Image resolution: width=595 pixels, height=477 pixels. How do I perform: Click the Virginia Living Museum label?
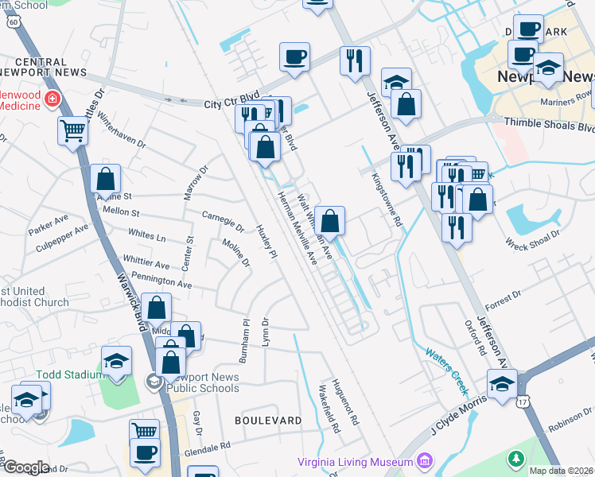pyautogui.click(x=355, y=462)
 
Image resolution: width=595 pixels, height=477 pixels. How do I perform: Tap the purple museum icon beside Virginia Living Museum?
pyautogui.click(x=424, y=461)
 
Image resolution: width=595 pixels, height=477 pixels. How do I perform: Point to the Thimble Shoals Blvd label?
pyautogui.click(x=549, y=126)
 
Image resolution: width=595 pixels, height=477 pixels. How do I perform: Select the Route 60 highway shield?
pyautogui.click(x=13, y=22)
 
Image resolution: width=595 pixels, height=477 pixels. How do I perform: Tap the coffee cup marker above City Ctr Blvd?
pyautogui.click(x=295, y=58)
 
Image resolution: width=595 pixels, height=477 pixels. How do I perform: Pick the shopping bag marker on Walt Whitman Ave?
pyautogui.click(x=330, y=220)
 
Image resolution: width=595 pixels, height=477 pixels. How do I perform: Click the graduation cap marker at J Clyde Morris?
pyautogui.click(x=502, y=385)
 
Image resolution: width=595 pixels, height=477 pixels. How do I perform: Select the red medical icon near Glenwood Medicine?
pyautogui.click(x=52, y=99)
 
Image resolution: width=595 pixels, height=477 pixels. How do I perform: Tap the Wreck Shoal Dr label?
pyautogui.click(x=533, y=235)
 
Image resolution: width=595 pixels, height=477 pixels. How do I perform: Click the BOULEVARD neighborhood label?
pyautogui.click(x=268, y=419)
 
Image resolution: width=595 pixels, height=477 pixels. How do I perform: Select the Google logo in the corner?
pyautogui.click(x=25, y=467)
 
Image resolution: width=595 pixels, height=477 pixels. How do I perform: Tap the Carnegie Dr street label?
pyautogui.click(x=223, y=219)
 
